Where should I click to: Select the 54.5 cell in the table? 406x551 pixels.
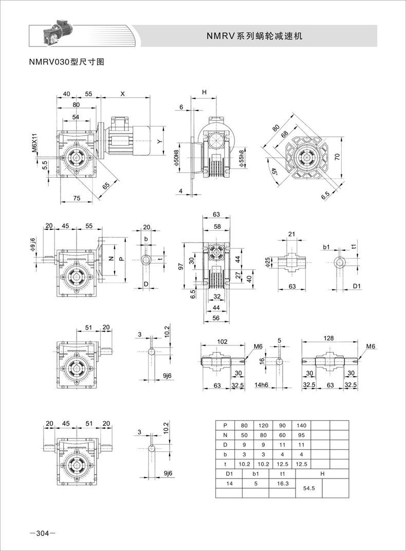point(309,488)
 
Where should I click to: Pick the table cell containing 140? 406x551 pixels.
point(301,425)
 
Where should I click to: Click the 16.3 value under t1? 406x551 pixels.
point(282,484)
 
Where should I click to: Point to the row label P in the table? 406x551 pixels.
point(225,425)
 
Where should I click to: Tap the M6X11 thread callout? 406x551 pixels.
point(34,143)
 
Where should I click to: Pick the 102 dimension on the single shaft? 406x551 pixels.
point(223,341)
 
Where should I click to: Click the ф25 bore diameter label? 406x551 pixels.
point(268,262)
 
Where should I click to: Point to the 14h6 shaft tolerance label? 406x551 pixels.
point(261,385)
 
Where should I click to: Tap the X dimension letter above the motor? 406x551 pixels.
point(123,94)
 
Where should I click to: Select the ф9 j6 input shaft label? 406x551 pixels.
point(32,245)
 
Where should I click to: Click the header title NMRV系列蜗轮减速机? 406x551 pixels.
point(254,36)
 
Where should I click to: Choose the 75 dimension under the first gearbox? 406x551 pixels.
point(76,198)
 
